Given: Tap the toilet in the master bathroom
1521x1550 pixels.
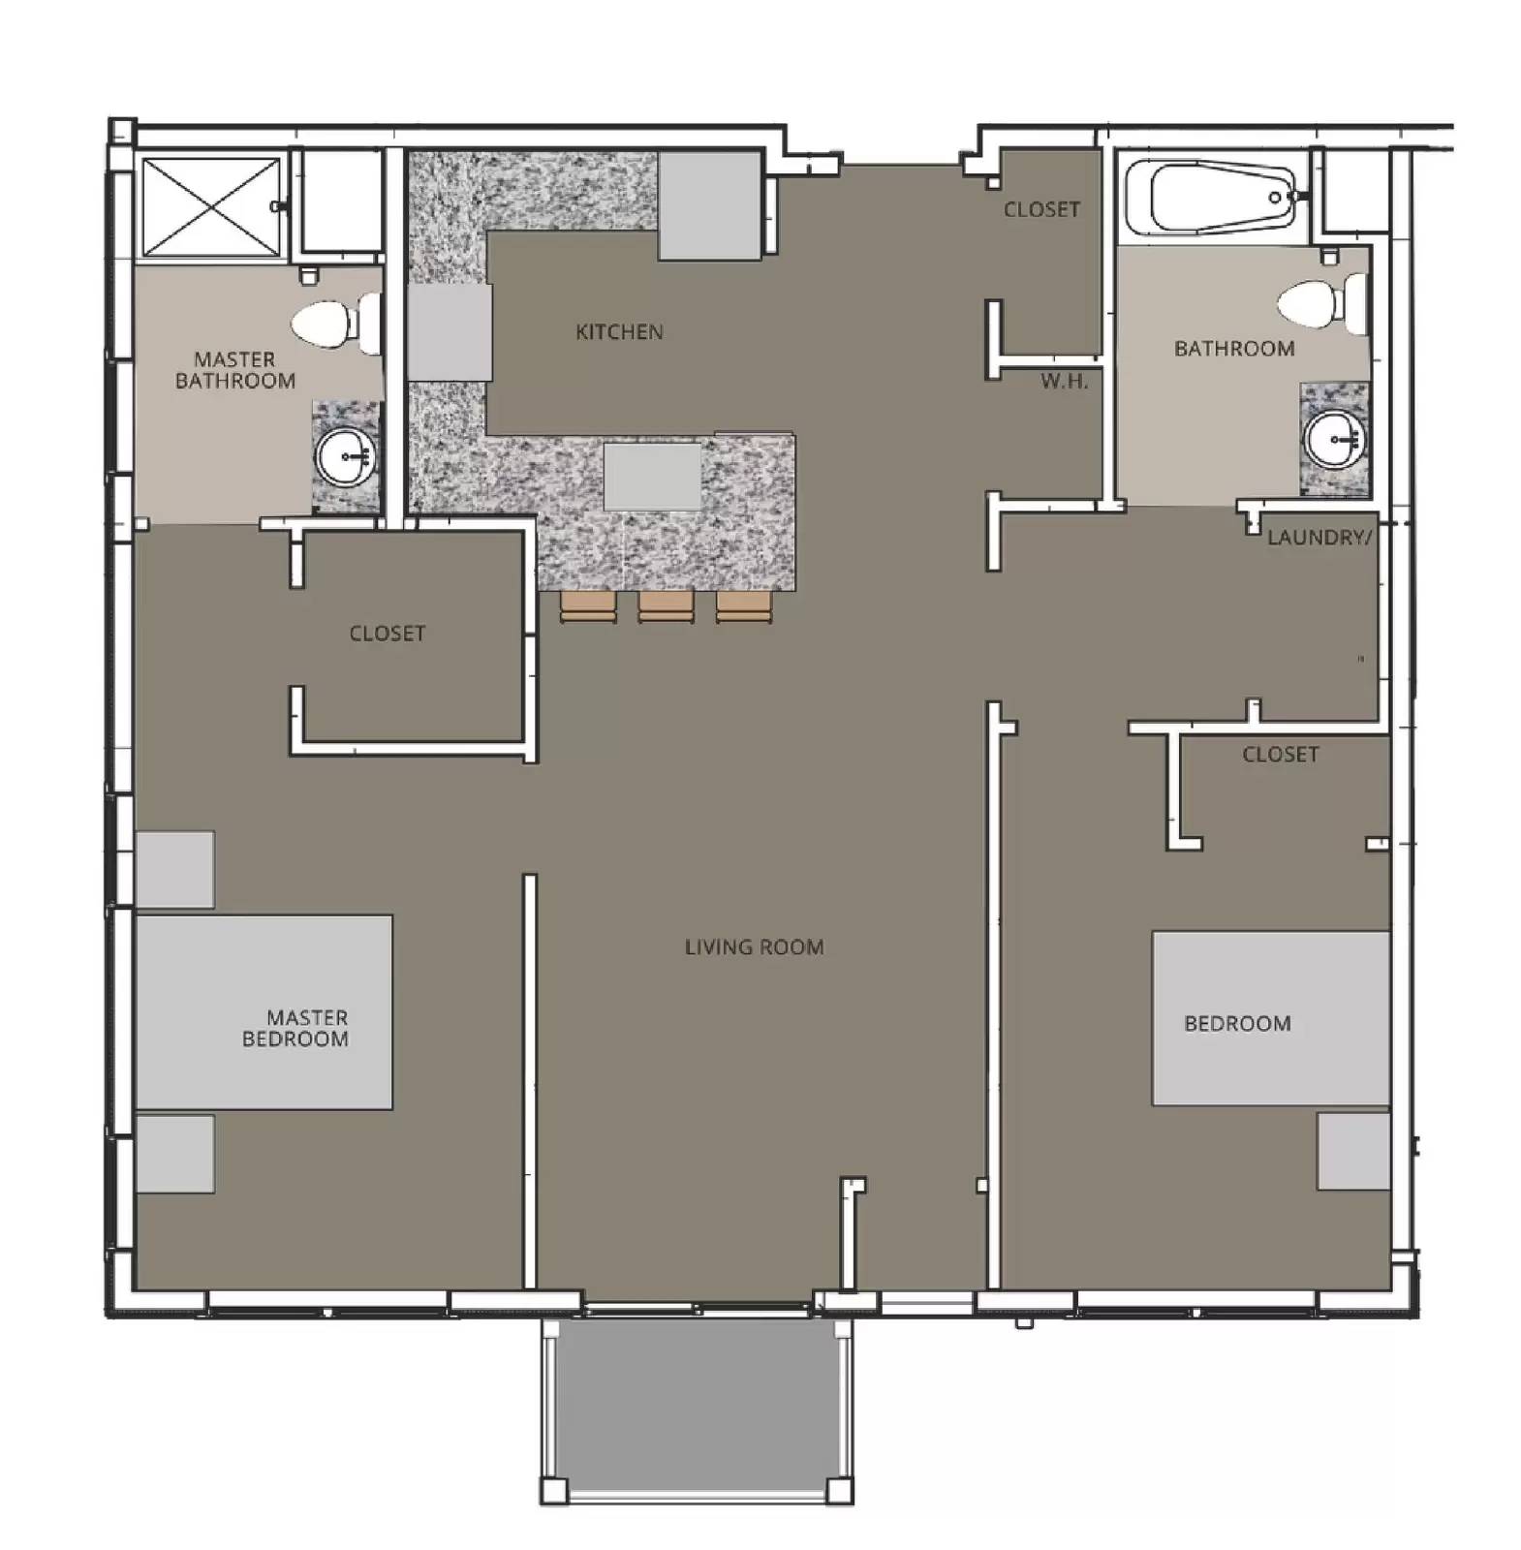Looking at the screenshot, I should (335, 324).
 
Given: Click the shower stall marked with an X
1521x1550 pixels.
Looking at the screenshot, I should (210, 206).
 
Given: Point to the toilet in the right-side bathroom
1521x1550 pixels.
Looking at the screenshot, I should (1321, 302).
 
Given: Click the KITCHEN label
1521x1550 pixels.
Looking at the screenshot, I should (619, 332).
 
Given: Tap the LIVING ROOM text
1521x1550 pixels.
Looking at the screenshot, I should (754, 947).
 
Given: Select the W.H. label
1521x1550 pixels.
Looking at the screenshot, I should (1064, 382).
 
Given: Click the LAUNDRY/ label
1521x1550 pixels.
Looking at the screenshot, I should (1319, 538).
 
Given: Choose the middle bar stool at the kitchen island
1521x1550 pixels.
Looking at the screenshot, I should (666, 606).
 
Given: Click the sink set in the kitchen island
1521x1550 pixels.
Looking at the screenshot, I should (652, 477).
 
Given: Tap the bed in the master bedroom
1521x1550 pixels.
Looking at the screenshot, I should (264, 1011).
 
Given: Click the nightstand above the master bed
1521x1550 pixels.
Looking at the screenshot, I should (175, 869).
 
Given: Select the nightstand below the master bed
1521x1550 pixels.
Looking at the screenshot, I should (175, 1153).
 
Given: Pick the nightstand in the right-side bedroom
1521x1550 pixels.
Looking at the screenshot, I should (1352, 1151).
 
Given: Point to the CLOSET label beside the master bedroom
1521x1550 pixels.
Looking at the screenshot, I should (387, 634).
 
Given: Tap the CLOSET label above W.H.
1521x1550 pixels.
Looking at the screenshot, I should (1041, 210).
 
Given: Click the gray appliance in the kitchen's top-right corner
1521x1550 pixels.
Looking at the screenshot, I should (709, 205).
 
